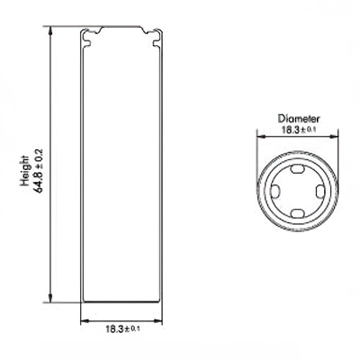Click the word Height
click(26, 167)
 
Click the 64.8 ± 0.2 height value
click(39, 167)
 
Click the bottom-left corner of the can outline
click(82, 304)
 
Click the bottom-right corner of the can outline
click(167, 304)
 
